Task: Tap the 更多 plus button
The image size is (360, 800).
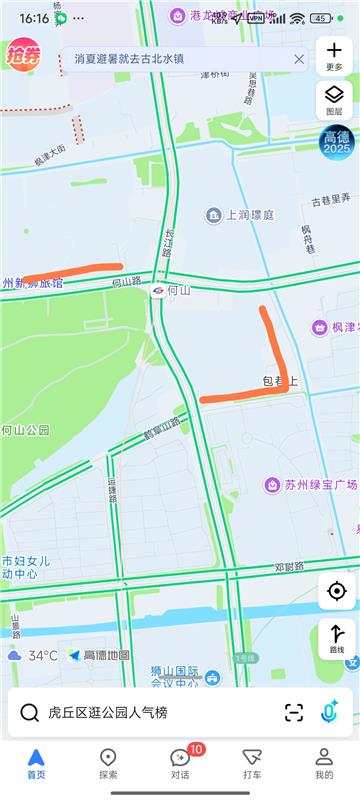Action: (x=334, y=54)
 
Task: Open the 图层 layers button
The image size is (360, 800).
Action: (x=334, y=98)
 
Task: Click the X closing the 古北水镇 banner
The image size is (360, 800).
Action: (x=299, y=59)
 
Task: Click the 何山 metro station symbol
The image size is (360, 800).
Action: (x=158, y=290)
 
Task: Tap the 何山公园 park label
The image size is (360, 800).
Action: (x=25, y=430)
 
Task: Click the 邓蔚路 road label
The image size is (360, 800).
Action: (x=288, y=567)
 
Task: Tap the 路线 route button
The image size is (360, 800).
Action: (x=336, y=638)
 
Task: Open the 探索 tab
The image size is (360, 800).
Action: (x=108, y=763)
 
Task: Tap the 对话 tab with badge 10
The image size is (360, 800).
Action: (x=180, y=763)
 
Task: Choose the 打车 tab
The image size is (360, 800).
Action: (x=252, y=763)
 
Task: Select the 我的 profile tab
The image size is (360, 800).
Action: (x=324, y=763)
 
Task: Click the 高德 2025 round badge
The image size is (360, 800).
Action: (x=336, y=141)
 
